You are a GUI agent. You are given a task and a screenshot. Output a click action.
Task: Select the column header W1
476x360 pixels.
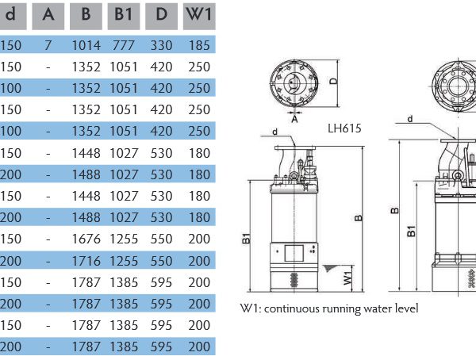click(199, 14)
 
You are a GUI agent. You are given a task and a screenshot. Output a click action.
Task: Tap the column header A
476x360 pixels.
click(48, 14)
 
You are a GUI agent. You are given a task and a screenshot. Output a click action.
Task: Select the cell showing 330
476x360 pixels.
click(162, 46)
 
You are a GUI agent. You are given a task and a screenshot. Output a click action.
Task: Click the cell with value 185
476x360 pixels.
click(199, 46)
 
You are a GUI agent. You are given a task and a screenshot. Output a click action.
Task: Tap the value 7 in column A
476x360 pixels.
click(48, 46)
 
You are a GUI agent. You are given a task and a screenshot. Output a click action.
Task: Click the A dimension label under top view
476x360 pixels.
click(295, 121)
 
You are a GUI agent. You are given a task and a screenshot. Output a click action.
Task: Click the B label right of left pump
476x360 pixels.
click(359, 216)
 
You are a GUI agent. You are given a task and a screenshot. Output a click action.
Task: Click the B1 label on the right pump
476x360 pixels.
click(411, 231)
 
